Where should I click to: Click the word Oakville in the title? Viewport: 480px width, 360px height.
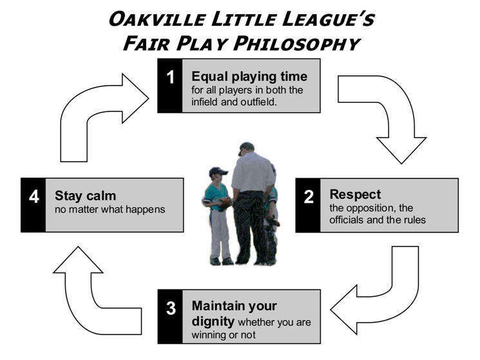tap(157, 19)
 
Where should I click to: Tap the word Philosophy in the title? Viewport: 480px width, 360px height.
tap(297, 43)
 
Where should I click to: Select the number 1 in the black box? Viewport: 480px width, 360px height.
tap(170, 77)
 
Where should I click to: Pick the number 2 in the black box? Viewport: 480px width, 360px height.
tap(308, 196)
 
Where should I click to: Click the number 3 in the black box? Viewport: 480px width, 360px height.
tap(171, 308)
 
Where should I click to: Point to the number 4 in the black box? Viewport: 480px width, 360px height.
tap(34, 196)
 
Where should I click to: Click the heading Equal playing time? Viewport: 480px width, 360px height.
tap(249, 77)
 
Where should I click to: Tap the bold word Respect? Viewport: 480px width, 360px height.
tap(355, 194)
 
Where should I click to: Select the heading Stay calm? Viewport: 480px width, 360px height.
tap(86, 196)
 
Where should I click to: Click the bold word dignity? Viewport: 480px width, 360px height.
tap(213, 321)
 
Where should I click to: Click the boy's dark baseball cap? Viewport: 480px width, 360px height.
tap(218, 171)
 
